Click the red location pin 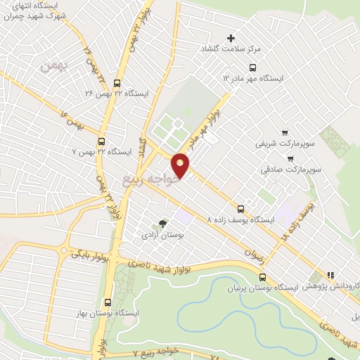click(x=181, y=165)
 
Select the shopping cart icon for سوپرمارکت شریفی click(x=284, y=132)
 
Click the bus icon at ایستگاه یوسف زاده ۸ click(x=242, y=209)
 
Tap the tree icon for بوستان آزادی click(x=164, y=224)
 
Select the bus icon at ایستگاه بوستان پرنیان click(x=262, y=278)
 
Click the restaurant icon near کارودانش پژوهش click(x=329, y=276)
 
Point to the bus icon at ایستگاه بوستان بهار click(x=108, y=301)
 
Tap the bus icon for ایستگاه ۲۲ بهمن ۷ click(x=103, y=140)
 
